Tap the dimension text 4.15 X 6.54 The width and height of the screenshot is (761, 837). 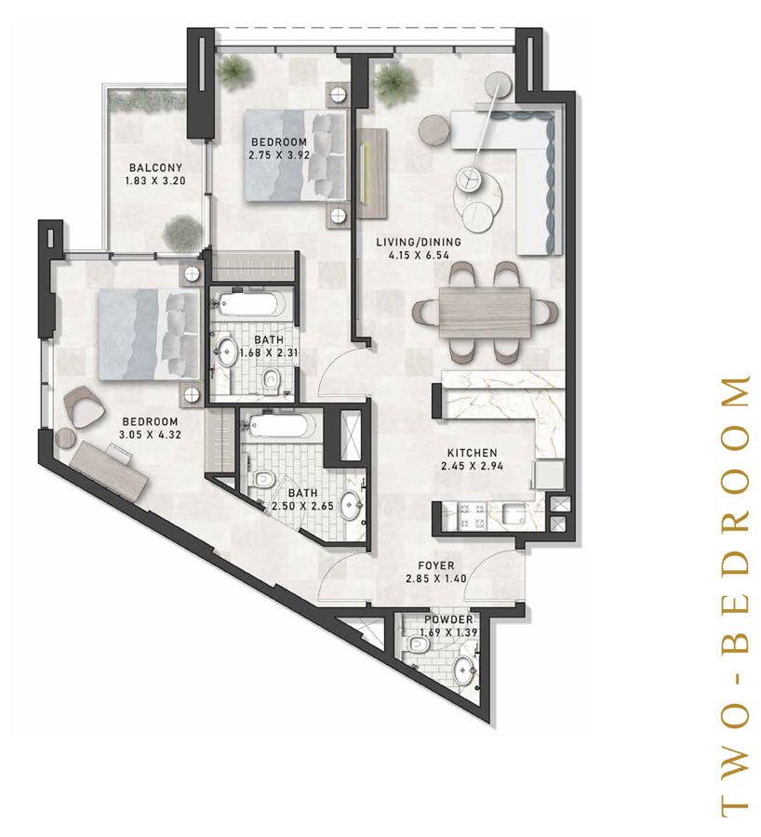point(418,255)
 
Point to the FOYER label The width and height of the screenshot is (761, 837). point(435,565)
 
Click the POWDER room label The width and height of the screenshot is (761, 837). point(448,620)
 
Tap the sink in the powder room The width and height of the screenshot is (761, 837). point(462,671)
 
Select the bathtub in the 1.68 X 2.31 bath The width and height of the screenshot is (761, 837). point(250,304)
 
